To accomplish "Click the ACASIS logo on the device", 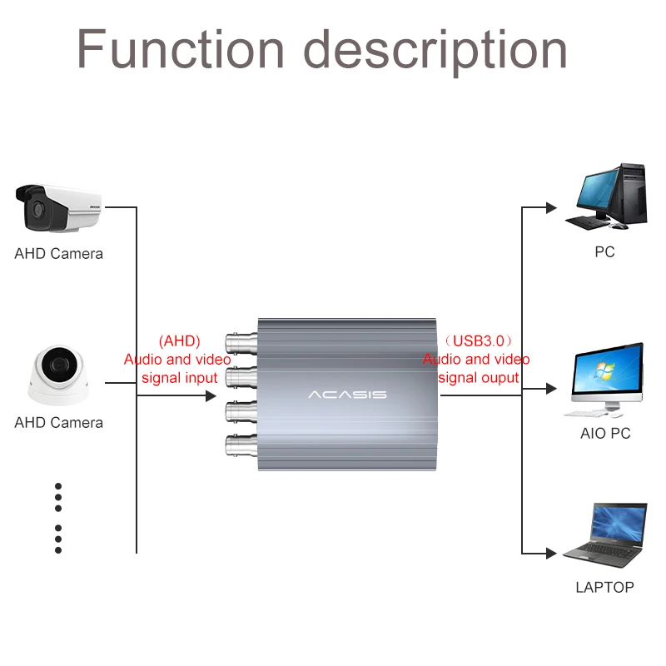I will point(347,394).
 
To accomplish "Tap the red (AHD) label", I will point(179,341).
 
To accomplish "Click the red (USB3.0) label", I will point(478,341).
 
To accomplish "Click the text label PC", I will point(604,251).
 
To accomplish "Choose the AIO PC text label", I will point(605,433).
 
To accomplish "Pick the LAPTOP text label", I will point(604,587).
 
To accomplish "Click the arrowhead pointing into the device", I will point(211,395).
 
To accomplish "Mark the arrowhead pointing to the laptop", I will point(550,553).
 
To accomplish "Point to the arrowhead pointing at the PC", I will point(550,207).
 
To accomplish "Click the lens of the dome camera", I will point(57,365).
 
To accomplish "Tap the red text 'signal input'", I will point(180,378).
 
